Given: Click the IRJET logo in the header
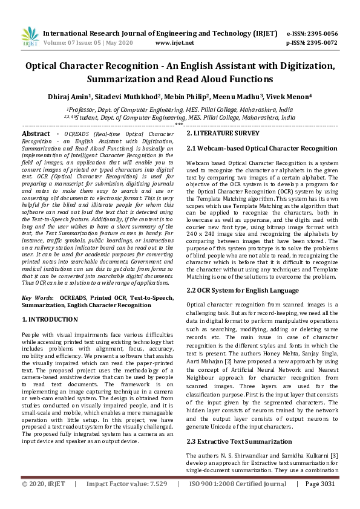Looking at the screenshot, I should point(30,37).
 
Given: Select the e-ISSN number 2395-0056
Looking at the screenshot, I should point(320,33).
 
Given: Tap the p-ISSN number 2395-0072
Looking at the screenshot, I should point(320,43).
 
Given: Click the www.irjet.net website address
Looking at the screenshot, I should point(174,43).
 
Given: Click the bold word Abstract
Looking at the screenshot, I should point(36,133).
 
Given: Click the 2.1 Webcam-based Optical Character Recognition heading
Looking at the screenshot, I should point(261,148).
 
